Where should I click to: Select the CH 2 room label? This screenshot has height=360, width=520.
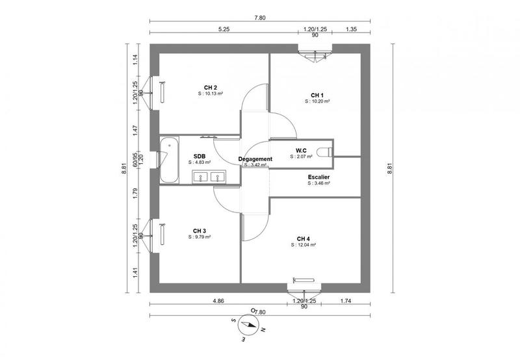[210, 87]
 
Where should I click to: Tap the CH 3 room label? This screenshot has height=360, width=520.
[200, 230]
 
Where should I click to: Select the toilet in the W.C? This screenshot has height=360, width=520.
[324, 152]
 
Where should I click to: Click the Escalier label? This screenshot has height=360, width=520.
[318, 176]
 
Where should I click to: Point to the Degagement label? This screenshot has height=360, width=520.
[255, 159]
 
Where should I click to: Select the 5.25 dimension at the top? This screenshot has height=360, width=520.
[225, 29]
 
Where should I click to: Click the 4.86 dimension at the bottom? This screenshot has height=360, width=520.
[218, 301]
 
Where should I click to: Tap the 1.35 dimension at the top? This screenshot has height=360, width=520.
[351, 29]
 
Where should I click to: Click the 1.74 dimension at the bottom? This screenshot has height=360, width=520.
[345, 301]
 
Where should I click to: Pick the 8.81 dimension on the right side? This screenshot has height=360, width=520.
[390, 168]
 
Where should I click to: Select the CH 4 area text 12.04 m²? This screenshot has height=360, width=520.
[305, 245]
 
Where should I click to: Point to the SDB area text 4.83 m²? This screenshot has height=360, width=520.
[200, 163]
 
